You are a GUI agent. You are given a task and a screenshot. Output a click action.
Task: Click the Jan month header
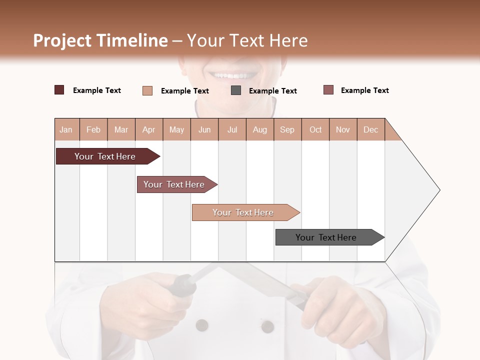[x=66, y=129]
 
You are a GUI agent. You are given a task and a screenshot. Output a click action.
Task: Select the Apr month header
[x=149, y=129]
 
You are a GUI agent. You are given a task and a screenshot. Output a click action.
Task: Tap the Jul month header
[x=232, y=129]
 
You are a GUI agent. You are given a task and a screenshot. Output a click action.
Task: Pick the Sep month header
[x=287, y=129]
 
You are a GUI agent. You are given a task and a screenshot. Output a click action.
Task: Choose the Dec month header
[x=370, y=129]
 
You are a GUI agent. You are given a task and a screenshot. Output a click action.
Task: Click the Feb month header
[x=93, y=129]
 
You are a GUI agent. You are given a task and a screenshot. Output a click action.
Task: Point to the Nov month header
[x=342, y=129]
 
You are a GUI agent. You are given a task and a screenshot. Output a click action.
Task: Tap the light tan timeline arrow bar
[x=244, y=212]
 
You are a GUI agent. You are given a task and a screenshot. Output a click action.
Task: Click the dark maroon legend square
[x=59, y=90]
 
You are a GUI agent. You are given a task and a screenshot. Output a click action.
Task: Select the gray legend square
[x=236, y=90]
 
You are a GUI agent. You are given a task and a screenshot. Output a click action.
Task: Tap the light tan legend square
[x=147, y=90]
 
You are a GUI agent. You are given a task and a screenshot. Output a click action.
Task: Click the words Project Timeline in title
[x=100, y=40]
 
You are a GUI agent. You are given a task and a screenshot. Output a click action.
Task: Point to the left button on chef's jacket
[x=202, y=325]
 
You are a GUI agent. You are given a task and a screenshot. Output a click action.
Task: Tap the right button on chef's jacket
[x=268, y=326]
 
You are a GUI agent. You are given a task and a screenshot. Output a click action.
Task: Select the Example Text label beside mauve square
[x=364, y=90]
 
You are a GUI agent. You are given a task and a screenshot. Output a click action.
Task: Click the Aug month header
[x=259, y=129]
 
